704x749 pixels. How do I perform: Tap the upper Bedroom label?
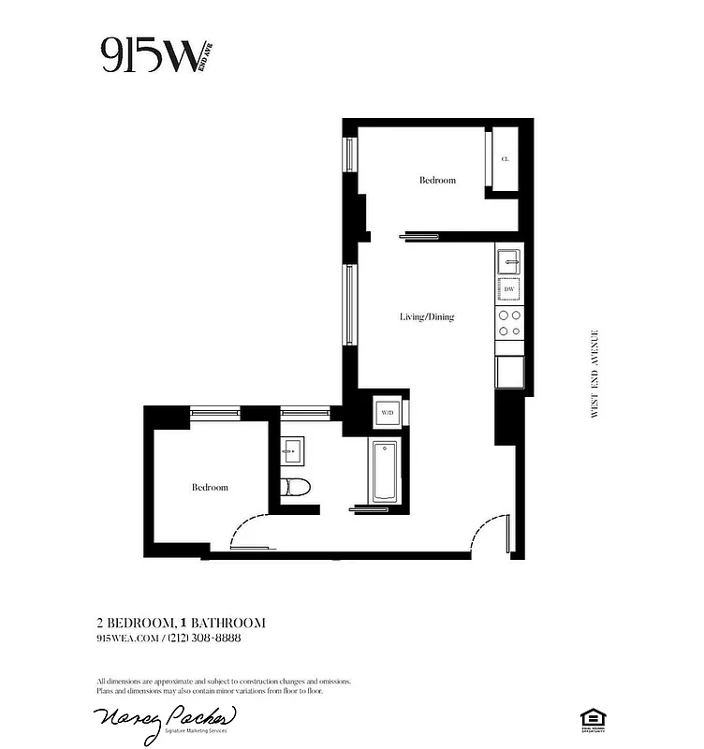pos(437,180)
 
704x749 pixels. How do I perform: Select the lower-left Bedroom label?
pos(210,488)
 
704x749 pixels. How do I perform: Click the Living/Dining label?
pos(427,316)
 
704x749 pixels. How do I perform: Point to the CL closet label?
pos(506,160)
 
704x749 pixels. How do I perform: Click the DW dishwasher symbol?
pos(509,290)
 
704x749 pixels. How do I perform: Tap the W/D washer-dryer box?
pos(389,412)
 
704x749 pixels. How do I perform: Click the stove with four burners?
pos(509,324)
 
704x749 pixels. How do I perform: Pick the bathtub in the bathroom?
pos(387,471)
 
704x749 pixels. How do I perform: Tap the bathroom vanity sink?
pos(290,452)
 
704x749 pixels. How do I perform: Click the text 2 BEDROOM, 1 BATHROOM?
pos(181,623)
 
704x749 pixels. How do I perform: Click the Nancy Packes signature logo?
pos(165,721)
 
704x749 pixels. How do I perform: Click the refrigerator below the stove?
pos(509,372)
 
